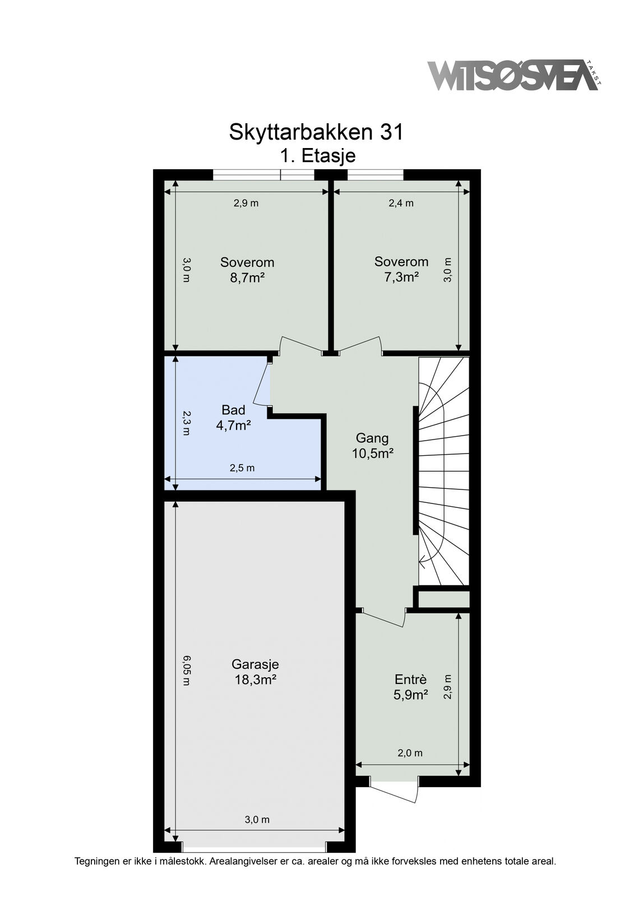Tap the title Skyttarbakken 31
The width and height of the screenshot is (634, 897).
[x=316, y=132]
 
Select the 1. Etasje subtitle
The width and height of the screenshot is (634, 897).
[x=317, y=155]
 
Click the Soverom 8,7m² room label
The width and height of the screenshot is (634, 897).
[x=247, y=270]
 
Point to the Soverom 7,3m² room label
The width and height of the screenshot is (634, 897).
[x=401, y=269]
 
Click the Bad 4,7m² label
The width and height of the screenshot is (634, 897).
[x=234, y=418]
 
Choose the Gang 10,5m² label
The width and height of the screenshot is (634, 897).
[x=372, y=446]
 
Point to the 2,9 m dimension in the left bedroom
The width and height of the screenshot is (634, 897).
[x=246, y=203]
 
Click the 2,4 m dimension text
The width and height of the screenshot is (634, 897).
[x=401, y=203]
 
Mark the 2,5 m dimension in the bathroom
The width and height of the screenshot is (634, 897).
[x=242, y=468]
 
